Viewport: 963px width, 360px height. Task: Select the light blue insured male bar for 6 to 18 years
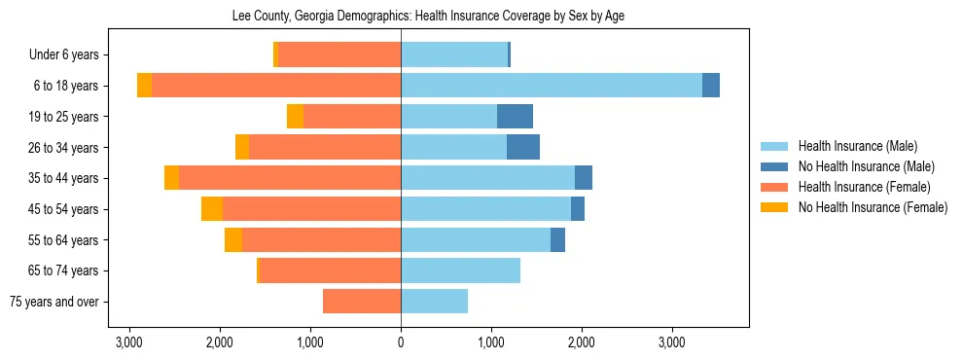(551, 86)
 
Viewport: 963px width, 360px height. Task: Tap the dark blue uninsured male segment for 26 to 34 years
(523, 147)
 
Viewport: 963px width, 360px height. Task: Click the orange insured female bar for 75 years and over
(362, 302)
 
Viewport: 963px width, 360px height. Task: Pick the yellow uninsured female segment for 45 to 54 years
(212, 209)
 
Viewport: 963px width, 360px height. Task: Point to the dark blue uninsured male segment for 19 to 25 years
(515, 117)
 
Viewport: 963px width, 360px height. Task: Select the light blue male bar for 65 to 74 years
(460, 270)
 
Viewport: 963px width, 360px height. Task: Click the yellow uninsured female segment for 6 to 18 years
(144, 86)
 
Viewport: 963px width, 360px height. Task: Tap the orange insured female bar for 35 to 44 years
(290, 178)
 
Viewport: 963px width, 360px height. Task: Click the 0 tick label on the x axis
(401, 342)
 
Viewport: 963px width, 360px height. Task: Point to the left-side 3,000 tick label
(129, 342)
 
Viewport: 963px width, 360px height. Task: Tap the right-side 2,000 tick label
(582, 342)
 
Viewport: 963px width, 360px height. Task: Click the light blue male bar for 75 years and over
(434, 302)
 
